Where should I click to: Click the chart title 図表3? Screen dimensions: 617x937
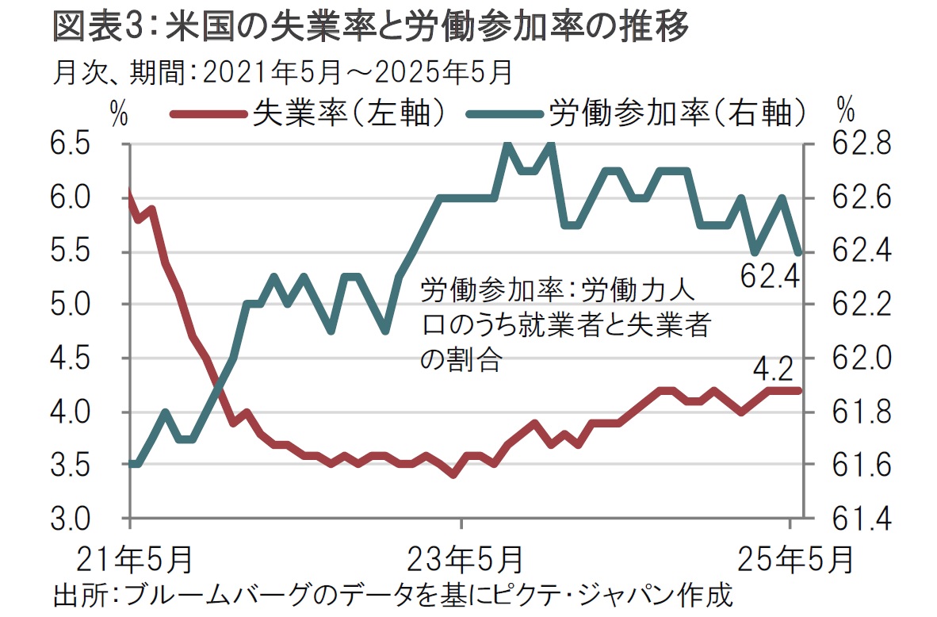click(370, 28)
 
